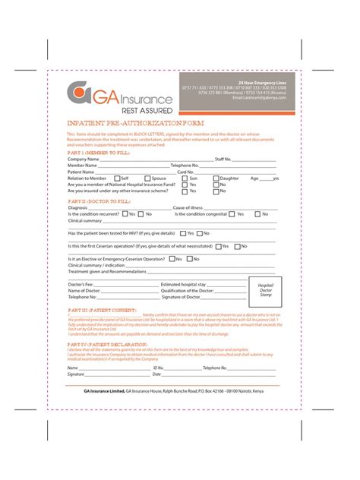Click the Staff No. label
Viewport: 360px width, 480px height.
223,159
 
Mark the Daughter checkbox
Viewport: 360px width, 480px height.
214,178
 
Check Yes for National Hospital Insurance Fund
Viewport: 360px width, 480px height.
184,184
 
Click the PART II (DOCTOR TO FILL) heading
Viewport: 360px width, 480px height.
94,201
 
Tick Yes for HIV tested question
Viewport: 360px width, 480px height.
182,233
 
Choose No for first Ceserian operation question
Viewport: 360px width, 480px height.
238,246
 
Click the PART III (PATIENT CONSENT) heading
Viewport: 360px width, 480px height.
92,310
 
